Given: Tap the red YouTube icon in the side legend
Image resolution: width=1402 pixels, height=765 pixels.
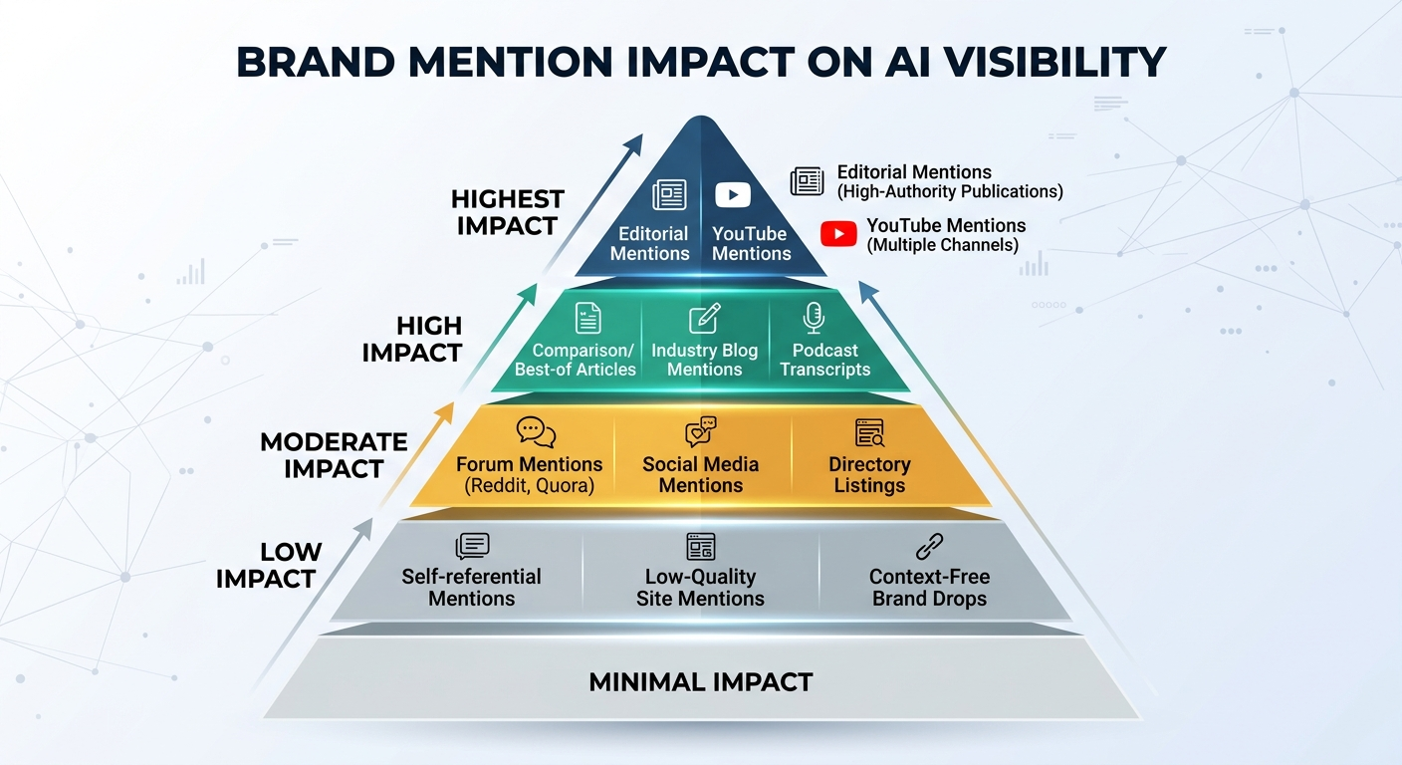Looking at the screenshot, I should [x=838, y=234].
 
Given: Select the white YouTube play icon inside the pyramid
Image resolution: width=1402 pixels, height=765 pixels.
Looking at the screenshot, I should [x=733, y=195].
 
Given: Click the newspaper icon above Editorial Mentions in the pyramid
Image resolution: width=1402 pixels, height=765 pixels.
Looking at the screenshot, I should [x=669, y=195].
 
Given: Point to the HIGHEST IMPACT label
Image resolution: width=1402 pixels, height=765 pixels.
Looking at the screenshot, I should [x=507, y=212].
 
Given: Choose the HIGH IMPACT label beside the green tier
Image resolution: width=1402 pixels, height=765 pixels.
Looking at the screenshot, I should [x=412, y=339].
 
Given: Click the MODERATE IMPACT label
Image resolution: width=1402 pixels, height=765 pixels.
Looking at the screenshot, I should [x=334, y=455].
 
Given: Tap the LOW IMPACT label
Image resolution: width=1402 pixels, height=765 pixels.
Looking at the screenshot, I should [x=266, y=565].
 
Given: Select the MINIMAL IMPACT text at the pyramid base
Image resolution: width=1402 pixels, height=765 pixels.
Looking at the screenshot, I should [x=701, y=682].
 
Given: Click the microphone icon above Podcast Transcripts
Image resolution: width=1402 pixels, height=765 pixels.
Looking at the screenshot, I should [x=814, y=318].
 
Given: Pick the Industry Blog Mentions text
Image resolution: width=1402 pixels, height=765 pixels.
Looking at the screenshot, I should [x=704, y=360].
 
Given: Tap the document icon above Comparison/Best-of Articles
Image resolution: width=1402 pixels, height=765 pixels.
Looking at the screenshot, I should [x=588, y=318].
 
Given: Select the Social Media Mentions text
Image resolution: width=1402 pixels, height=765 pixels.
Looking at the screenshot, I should [x=700, y=475].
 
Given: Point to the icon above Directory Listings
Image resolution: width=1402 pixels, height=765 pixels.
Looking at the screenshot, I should [x=869, y=432].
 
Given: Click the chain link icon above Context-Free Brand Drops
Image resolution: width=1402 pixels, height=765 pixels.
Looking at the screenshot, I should [x=928, y=546].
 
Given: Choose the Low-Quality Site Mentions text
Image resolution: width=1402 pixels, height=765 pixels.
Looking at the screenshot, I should [x=700, y=588].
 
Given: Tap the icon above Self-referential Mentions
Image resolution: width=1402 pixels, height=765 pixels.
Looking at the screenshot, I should [x=472, y=546].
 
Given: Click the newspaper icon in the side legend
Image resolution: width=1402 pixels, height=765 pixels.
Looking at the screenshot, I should [x=807, y=181].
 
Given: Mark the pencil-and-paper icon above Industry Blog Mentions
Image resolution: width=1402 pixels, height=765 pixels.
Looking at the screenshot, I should [x=704, y=319].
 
